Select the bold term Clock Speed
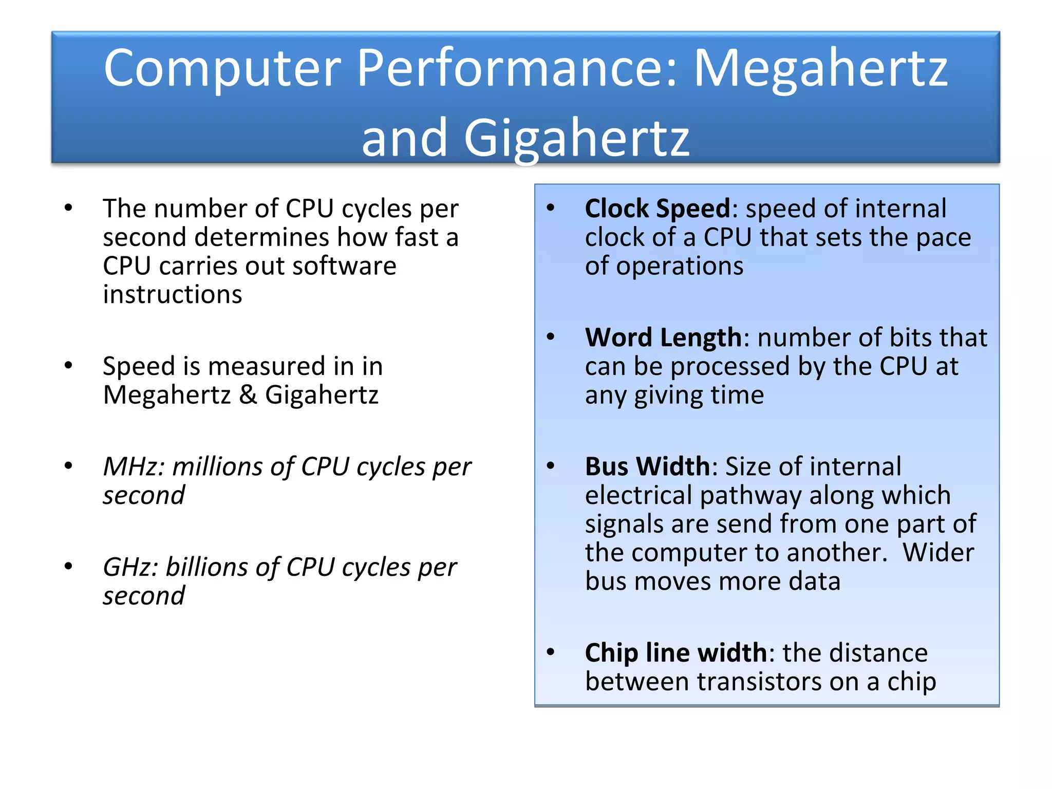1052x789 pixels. [x=657, y=209]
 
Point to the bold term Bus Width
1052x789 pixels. [x=647, y=467]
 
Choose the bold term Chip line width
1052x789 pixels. [x=676, y=653]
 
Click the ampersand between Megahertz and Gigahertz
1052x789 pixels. [x=248, y=395]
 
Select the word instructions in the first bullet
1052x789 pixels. [x=173, y=295]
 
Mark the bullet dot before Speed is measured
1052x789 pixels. [x=68, y=366]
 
